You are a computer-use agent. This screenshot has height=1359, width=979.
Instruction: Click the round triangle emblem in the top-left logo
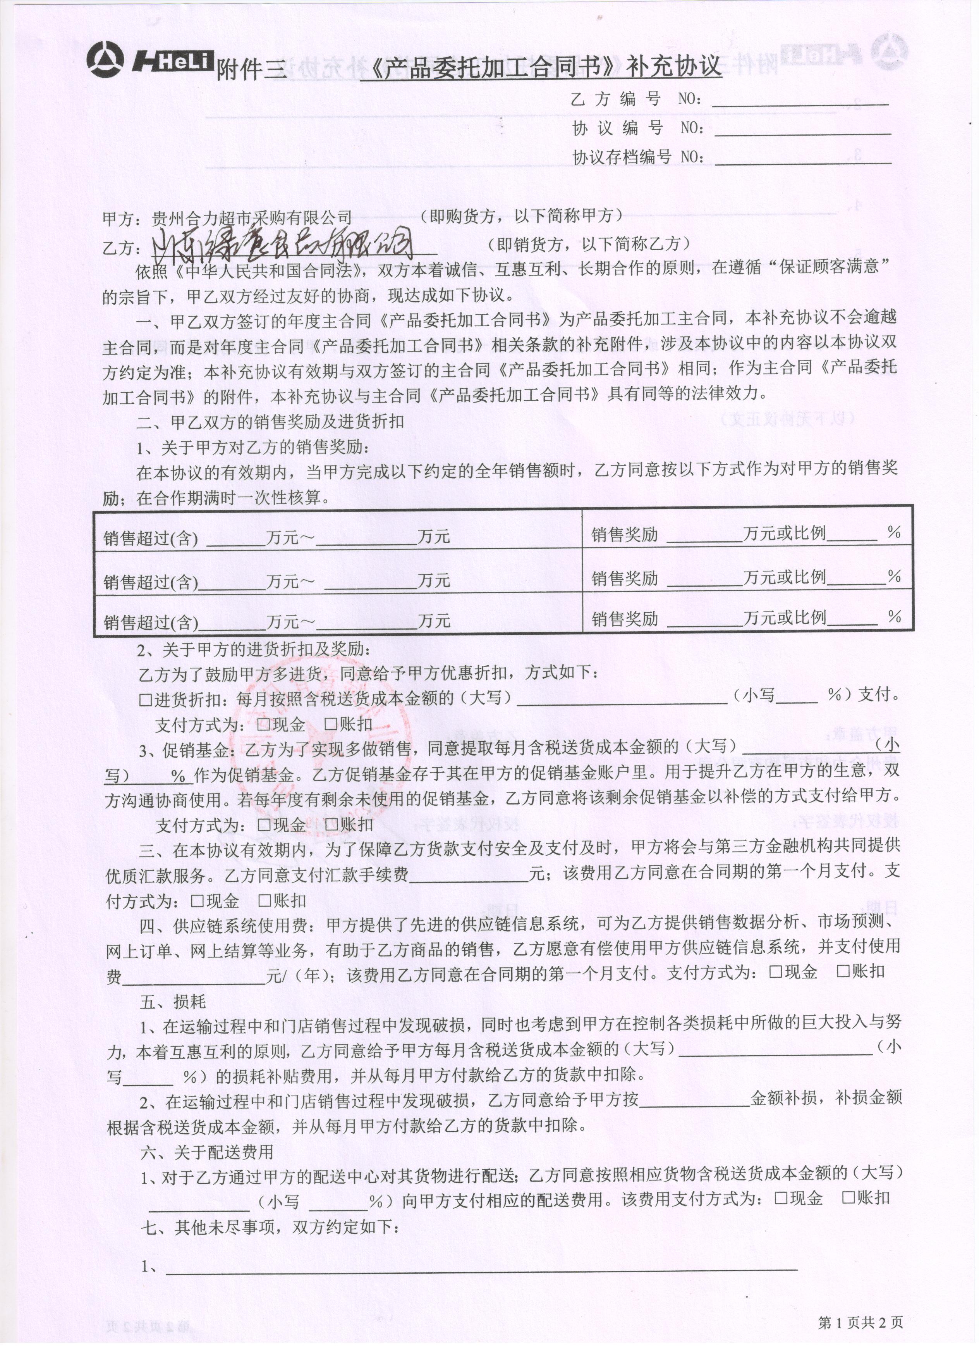[x=105, y=60]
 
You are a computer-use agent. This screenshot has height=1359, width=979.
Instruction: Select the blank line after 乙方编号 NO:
[x=800, y=102]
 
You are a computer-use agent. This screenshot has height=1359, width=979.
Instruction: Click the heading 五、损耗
[x=173, y=1001]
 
